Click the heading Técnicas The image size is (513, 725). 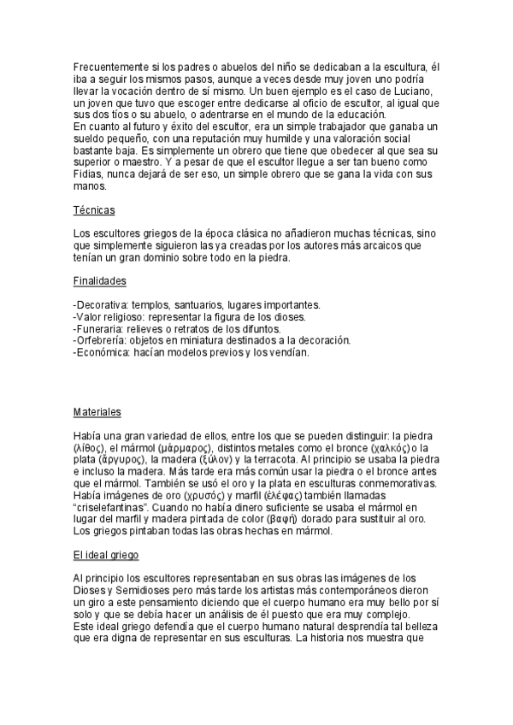pyautogui.click(x=94, y=209)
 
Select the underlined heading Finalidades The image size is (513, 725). pyautogui.click(x=100, y=280)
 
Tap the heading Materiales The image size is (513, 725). pyautogui.click(x=97, y=411)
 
